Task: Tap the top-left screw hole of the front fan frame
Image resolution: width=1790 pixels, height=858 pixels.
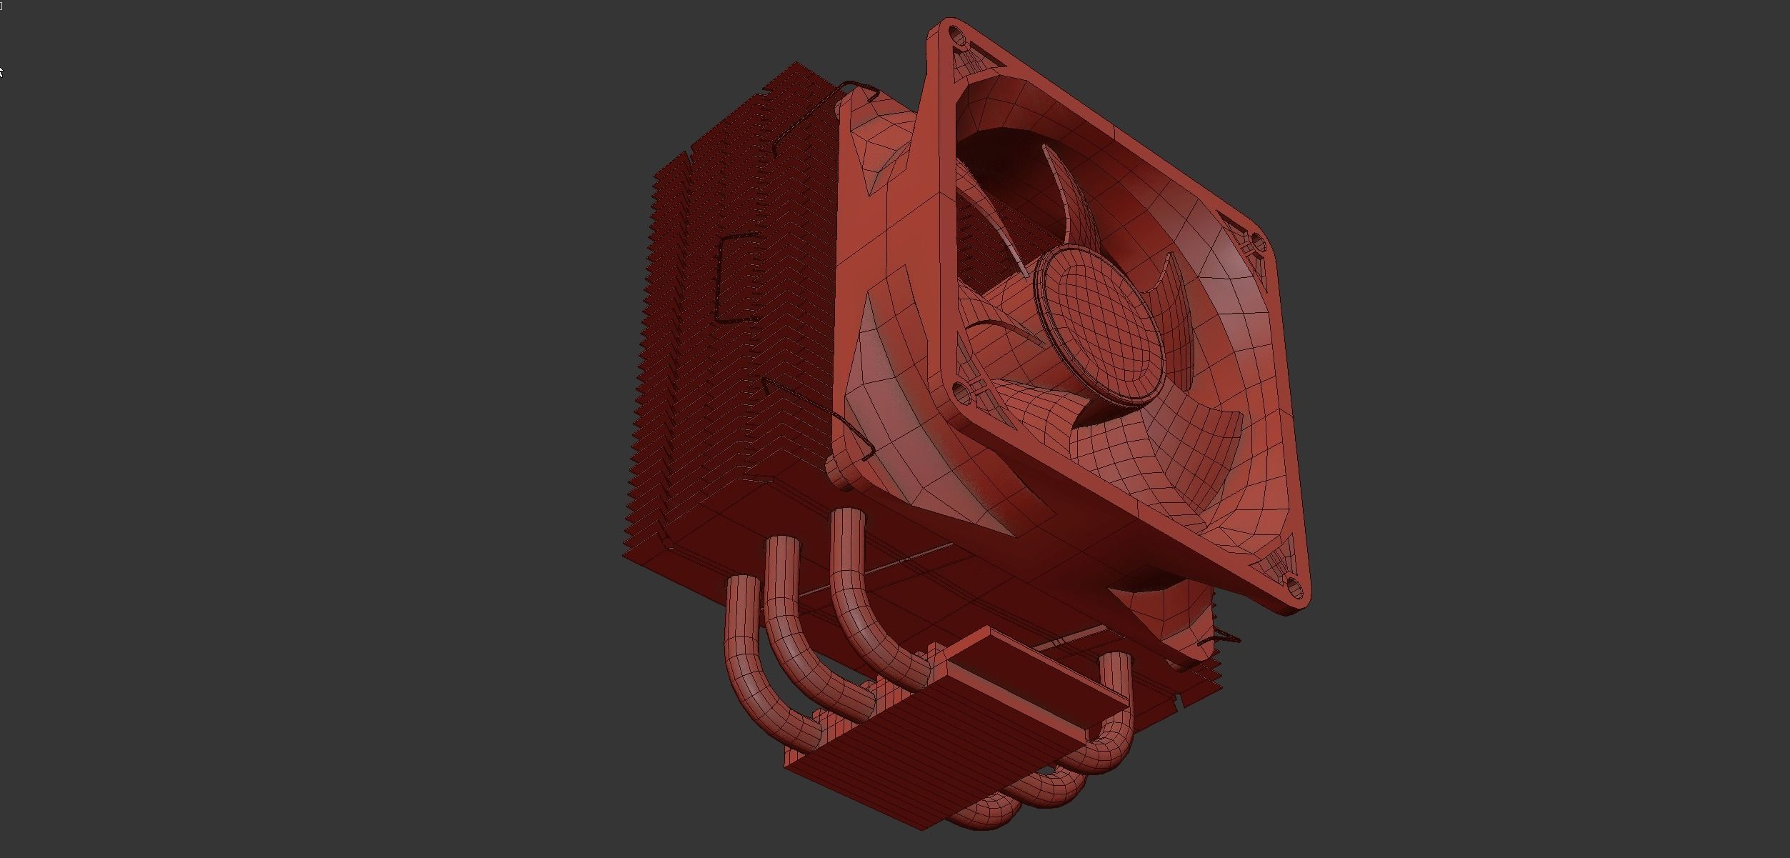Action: pyautogui.click(x=954, y=34)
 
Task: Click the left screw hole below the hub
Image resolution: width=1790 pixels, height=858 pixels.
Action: pyautogui.click(x=961, y=390)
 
